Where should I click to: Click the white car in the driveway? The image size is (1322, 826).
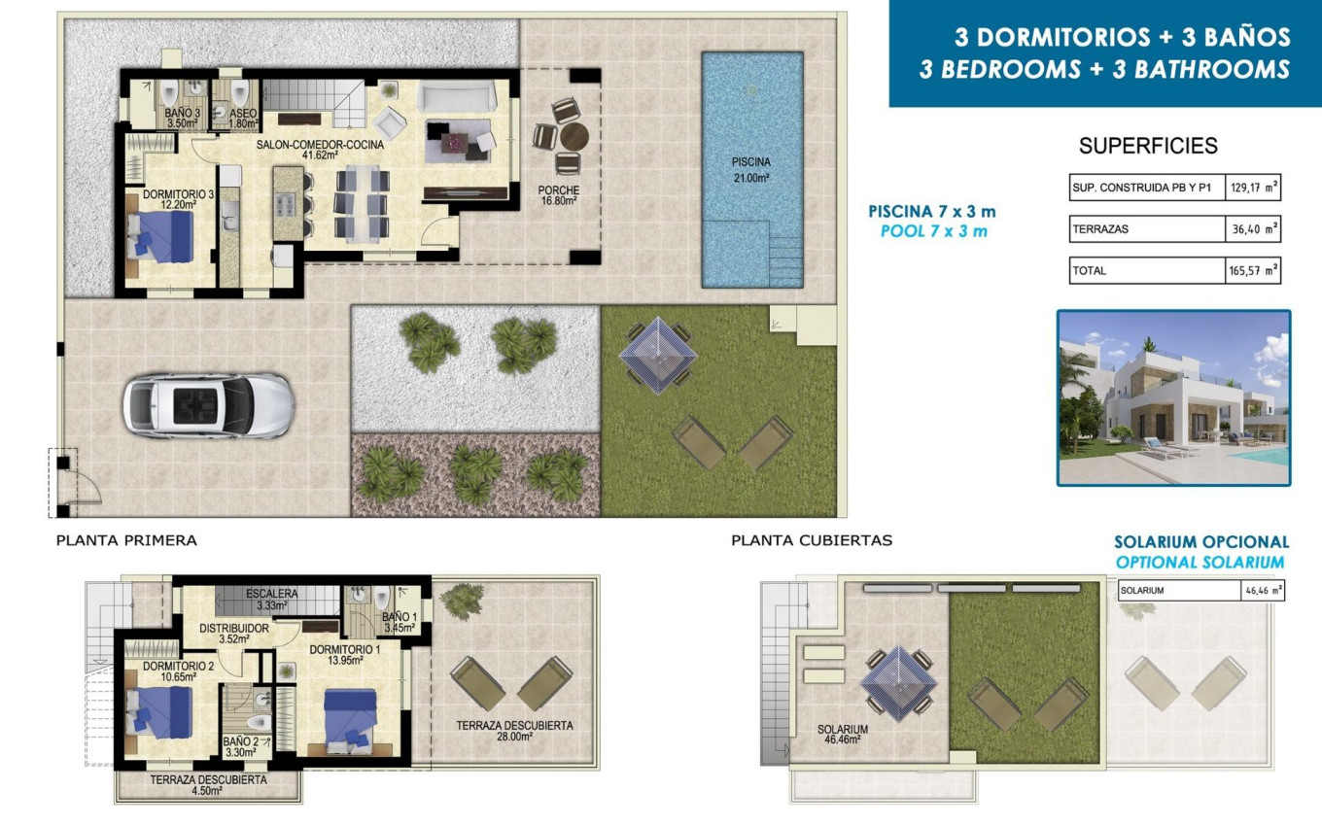tap(206, 405)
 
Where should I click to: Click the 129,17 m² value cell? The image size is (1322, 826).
tap(1252, 187)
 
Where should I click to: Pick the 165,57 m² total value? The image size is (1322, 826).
tap(1252, 271)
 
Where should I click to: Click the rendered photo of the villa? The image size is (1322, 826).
tap(1173, 397)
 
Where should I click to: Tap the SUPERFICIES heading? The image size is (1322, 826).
tap(1148, 147)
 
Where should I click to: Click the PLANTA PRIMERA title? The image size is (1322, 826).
tap(126, 540)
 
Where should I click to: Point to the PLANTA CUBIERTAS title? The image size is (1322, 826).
tap(812, 540)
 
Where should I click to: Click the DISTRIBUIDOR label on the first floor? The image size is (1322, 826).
tap(234, 634)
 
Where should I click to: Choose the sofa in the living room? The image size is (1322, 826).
tap(457, 97)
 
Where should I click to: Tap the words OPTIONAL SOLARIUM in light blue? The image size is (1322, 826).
tap(1200, 563)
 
